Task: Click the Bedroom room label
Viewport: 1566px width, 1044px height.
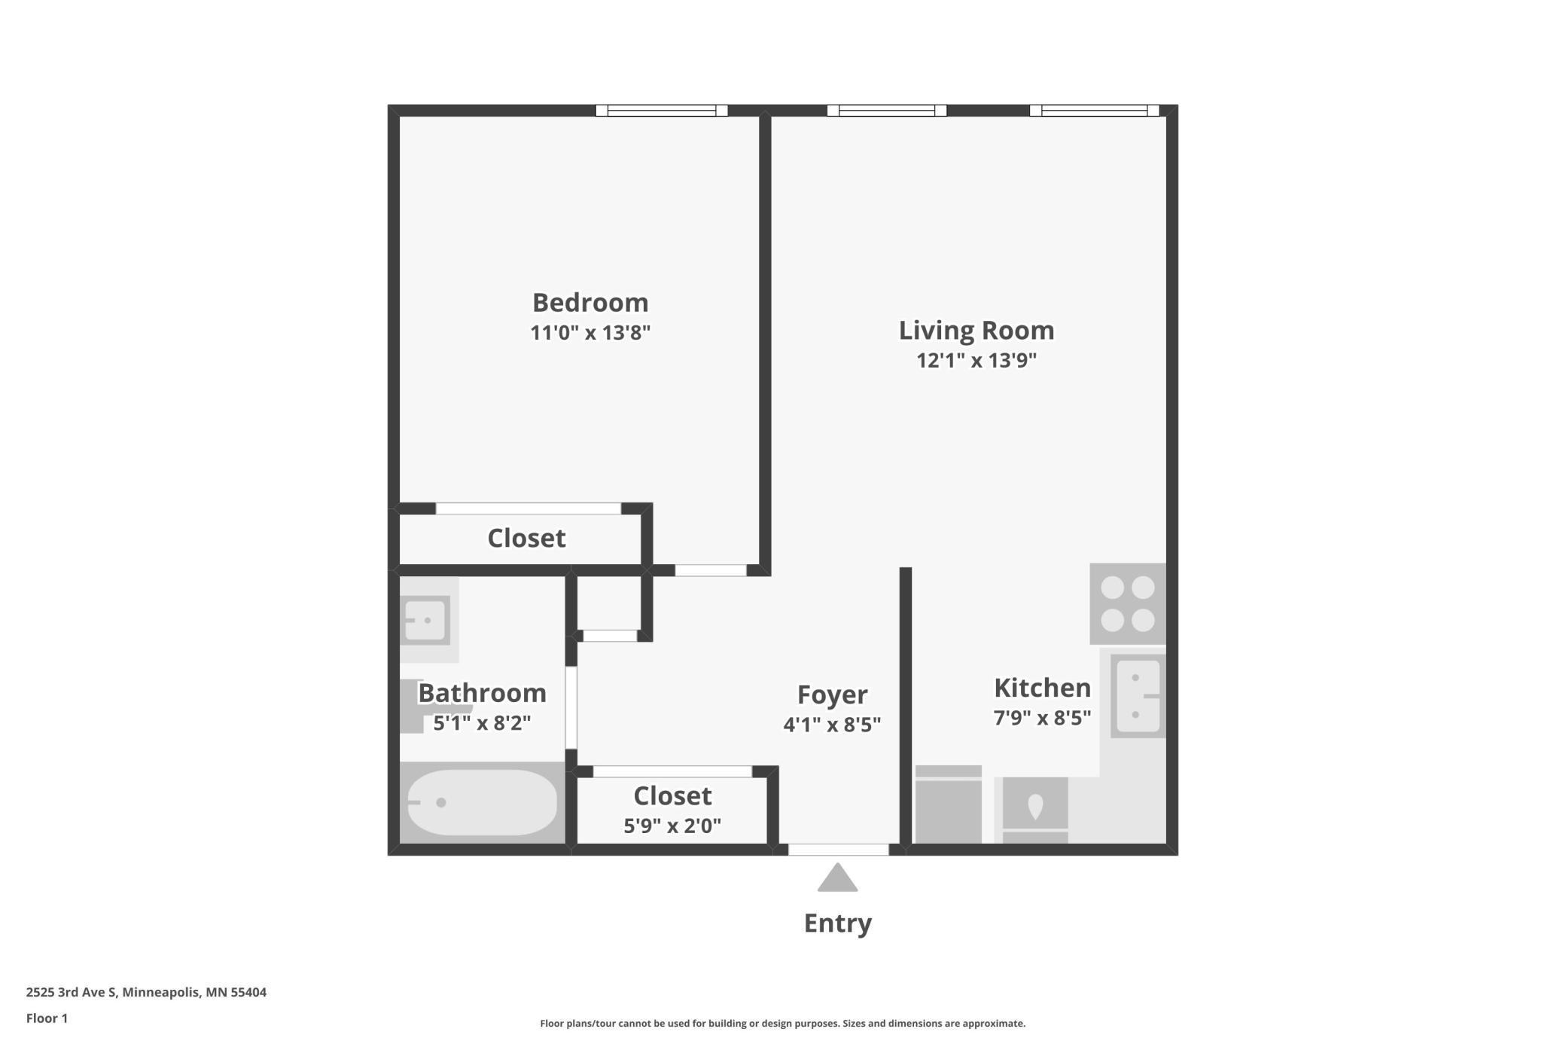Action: pyautogui.click(x=590, y=303)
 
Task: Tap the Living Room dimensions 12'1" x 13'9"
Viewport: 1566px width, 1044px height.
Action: pyautogui.click(x=976, y=360)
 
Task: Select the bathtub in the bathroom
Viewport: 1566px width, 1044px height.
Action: pyautogui.click(x=482, y=802)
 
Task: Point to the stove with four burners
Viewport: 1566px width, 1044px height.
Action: pyautogui.click(x=1128, y=604)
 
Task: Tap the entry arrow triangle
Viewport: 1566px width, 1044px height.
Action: pyautogui.click(x=838, y=878)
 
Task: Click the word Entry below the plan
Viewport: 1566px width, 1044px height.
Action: pyautogui.click(x=838, y=923)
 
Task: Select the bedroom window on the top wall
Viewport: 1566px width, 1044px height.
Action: pyautogui.click(x=662, y=111)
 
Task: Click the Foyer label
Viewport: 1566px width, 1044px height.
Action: pyautogui.click(x=832, y=694)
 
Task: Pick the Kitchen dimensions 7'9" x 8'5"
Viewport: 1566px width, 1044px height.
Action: pyautogui.click(x=1042, y=718)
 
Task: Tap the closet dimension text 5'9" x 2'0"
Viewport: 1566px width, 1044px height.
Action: pyautogui.click(x=672, y=826)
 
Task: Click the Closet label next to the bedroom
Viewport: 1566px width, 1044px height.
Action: pyautogui.click(x=526, y=538)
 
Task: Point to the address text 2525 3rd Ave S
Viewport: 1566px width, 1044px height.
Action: pyautogui.click(x=72, y=992)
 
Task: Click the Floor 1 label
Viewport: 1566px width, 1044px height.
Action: pyautogui.click(x=47, y=1018)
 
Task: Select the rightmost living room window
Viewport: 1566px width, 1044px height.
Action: pyautogui.click(x=1095, y=111)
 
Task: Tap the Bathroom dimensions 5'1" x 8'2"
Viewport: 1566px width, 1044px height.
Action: pyautogui.click(x=482, y=723)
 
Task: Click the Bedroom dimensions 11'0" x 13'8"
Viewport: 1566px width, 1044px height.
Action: pyautogui.click(x=590, y=333)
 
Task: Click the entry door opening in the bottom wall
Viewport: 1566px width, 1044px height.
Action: pyautogui.click(x=839, y=850)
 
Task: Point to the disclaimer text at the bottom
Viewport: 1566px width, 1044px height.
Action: pyautogui.click(x=783, y=1024)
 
